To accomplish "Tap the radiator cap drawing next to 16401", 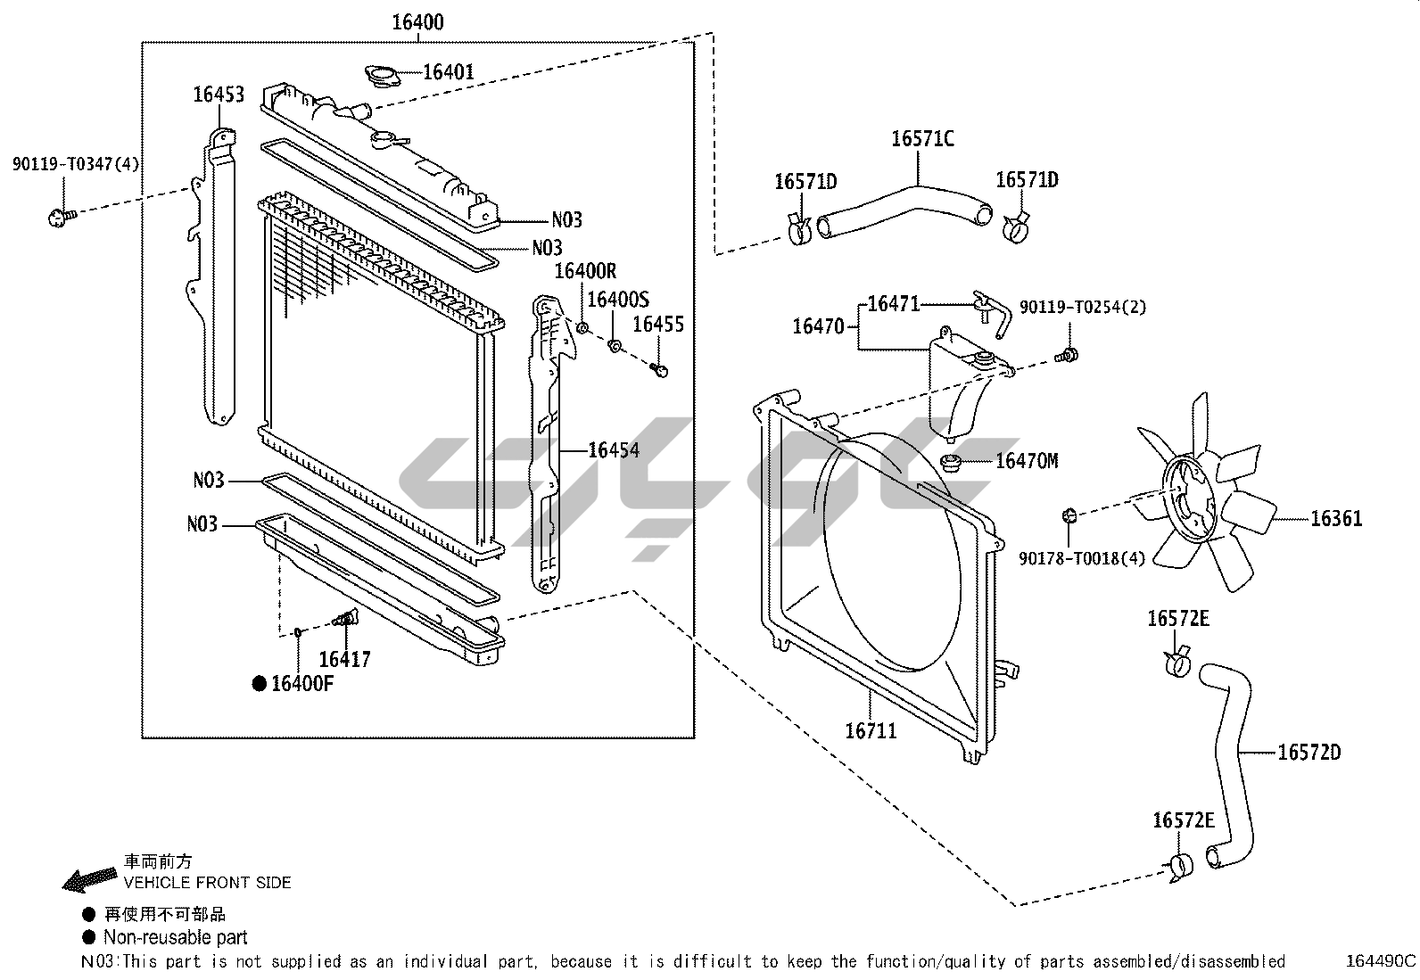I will (382, 76).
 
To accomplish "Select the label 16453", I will (219, 95).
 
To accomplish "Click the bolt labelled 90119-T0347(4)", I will (60, 216).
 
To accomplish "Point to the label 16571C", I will (922, 139).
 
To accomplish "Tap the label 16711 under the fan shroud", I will (871, 731).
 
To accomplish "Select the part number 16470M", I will (1027, 461).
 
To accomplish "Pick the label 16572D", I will (1309, 753).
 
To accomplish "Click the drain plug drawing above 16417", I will (344, 618).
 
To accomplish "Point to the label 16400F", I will (301, 684).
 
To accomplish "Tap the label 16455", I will (658, 325).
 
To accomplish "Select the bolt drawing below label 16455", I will (660, 369).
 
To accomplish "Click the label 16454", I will (614, 450).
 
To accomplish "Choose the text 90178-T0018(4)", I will (1081, 558).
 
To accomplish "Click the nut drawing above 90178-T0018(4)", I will (1070, 515).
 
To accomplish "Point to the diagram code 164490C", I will (1381, 961).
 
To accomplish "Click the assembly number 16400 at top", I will (417, 22).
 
